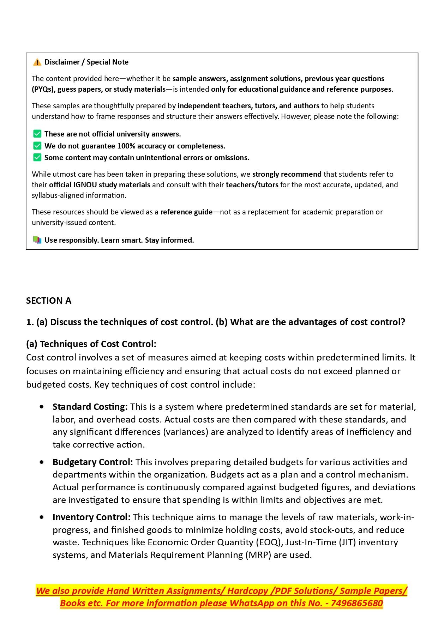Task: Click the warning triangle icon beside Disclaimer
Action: coord(37,62)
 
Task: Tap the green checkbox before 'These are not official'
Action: coord(37,134)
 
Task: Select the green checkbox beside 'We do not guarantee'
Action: coord(37,146)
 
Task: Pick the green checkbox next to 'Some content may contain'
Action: coord(37,158)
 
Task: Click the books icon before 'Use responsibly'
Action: coord(37,240)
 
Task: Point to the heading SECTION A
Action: coord(49,301)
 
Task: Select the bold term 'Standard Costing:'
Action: coord(90,407)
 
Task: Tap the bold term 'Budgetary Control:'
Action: coord(92,462)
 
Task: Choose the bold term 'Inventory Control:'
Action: coord(91,517)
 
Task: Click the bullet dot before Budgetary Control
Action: coord(42,462)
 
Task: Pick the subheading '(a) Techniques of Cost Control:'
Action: coord(91,344)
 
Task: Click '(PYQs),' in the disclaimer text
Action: coord(44,89)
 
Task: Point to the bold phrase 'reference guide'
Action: coord(186,212)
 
